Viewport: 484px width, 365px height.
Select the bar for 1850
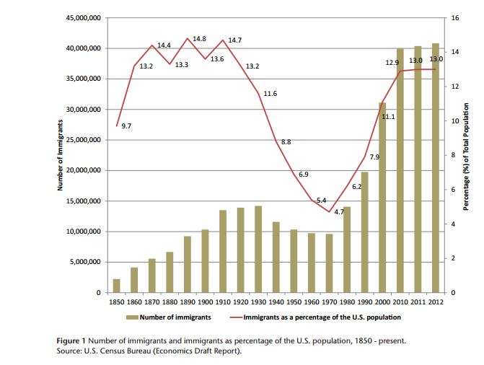(117, 286)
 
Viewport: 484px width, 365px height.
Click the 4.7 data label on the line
(340, 211)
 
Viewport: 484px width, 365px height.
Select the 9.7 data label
(126, 126)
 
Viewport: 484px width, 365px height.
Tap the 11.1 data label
(388, 116)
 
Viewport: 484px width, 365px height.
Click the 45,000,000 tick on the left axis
(82, 17)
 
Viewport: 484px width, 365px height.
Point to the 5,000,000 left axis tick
(85, 262)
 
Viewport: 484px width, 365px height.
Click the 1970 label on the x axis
(329, 302)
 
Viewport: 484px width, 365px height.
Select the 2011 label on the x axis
(417, 302)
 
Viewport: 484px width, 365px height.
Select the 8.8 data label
(286, 142)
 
